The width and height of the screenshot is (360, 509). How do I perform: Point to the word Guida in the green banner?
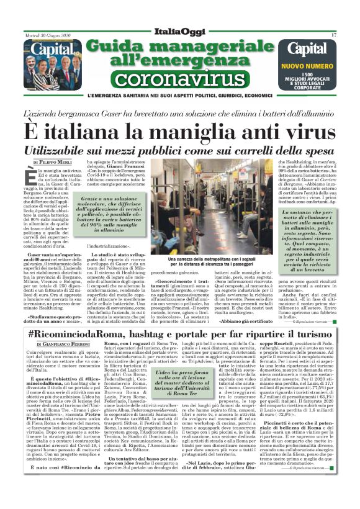click(119, 45)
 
